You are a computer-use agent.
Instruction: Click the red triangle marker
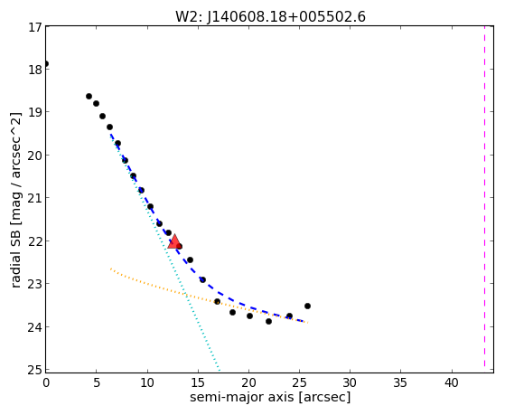pyautogui.click(x=174, y=241)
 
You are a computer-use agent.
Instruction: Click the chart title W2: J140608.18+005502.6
pyautogui.click(x=270, y=17)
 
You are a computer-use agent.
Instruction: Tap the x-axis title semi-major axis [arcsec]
pyautogui.click(x=270, y=397)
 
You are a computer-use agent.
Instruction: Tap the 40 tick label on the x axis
pyautogui.click(x=451, y=383)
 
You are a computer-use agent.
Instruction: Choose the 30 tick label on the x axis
pyautogui.click(x=351, y=383)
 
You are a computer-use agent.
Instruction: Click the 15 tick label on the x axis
pyautogui.click(x=198, y=383)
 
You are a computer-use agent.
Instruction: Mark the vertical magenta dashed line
pyautogui.click(x=484, y=199)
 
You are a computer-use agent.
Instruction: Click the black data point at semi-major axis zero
pyautogui.click(x=46, y=64)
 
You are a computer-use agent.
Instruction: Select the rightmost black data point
pyautogui.click(x=307, y=306)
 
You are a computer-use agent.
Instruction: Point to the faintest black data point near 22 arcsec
pyautogui.click(x=268, y=322)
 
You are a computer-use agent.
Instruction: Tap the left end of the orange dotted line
pyautogui.click(x=111, y=269)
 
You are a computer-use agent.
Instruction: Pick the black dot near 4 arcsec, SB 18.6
pyautogui.click(x=89, y=97)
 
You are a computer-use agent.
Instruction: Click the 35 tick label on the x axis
pyautogui.click(x=400, y=383)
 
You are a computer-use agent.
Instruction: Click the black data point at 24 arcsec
pyautogui.click(x=289, y=316)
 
